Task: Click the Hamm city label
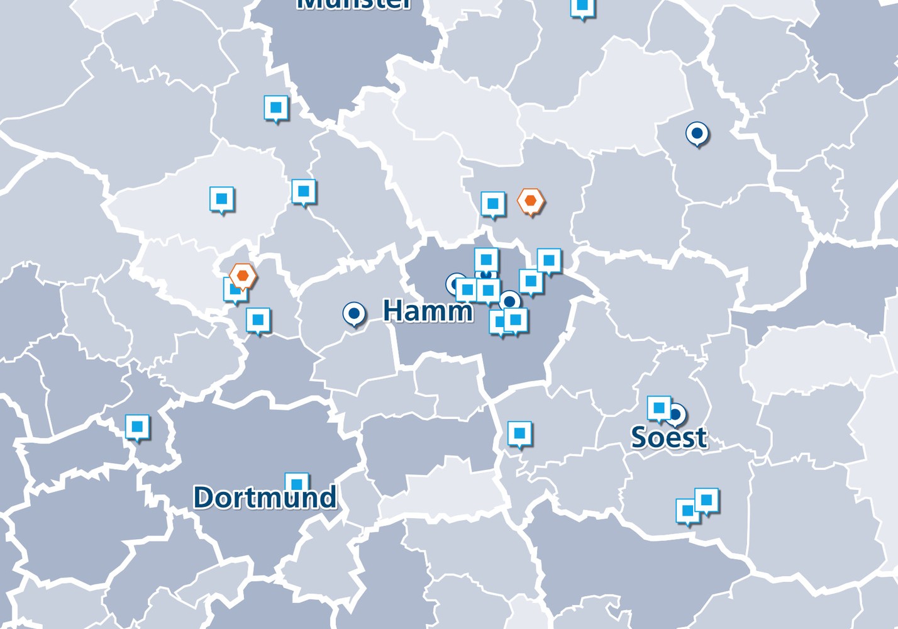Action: [x=428, y=311]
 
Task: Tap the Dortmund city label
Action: [x=265, y=498]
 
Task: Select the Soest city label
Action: [x=669, y=438]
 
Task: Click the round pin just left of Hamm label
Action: [x=354, y=313]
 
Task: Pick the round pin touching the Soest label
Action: [x=676, y=415]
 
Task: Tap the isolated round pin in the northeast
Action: [x=697, y=133]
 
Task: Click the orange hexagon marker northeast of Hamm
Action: [x=531, y=201]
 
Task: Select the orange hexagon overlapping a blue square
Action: [x=243, y=276]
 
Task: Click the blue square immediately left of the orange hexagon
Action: [x=493, y=204]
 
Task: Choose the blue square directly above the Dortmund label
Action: [x=297, y=483]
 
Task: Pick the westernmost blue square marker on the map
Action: [x=137, y=427]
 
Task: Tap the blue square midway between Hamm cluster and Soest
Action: [x=519, y=433]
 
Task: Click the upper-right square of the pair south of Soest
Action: [x=706, y=500]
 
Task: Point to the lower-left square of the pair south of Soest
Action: [x=687, y=511]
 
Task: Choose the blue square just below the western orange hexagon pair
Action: [x=258, y=320]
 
